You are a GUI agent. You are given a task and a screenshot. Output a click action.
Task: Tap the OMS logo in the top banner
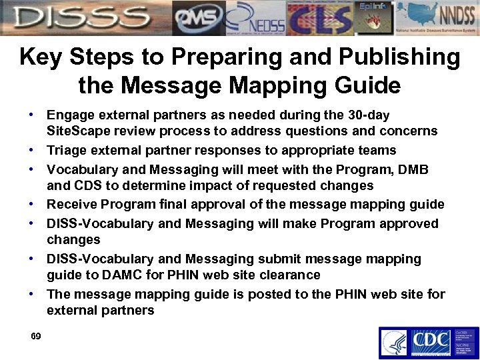tap(198, 18)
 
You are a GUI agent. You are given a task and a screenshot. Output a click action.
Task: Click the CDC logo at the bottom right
tap(430, 343)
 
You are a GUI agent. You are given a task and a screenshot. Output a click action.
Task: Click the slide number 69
tap(36, 336)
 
